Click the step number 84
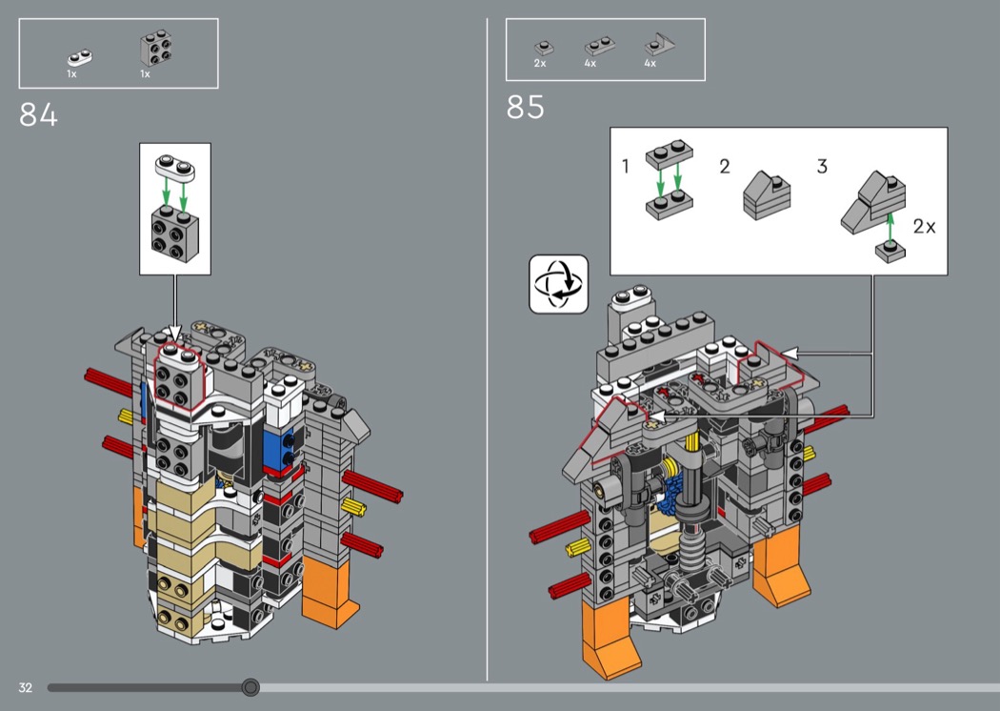[38, 115]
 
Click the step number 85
[526, 108]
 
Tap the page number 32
[25, 687]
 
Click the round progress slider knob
[250, 687]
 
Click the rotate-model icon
[558, 284]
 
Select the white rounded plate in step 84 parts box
[80, 58]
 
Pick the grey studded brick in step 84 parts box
[155, 48]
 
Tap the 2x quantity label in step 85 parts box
[540, 63]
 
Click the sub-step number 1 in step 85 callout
[625, 166]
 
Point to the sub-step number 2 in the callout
[725, 167]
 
